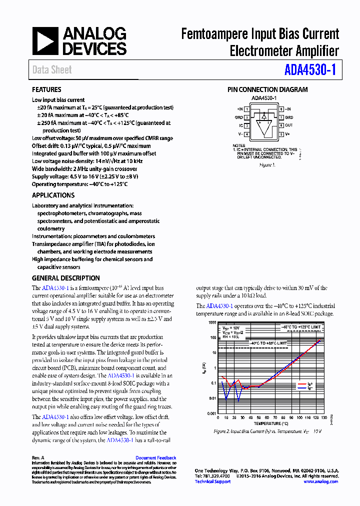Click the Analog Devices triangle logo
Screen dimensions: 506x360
click(x=45, y=41)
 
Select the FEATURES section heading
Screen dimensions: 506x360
click(x=46, y=90)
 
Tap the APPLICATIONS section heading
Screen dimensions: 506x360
click(x=53, y=195)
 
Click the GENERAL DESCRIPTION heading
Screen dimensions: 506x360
click(x=66, y=278)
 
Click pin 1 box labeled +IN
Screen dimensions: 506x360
click(x=246, y=109)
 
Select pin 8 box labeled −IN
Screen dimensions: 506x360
click(x=281, y=109)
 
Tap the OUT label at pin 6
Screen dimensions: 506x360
click(x=289, y=125)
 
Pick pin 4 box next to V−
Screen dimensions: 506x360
click(x=246, y=134)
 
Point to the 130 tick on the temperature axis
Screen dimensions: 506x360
click(x=324, y=417)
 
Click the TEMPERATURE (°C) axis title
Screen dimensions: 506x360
click(x=270, y=423)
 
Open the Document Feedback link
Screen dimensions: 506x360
click(x=156, y=457)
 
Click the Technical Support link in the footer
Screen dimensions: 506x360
click(x=212, y=481)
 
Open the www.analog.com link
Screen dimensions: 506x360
click(x=320, y=481)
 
